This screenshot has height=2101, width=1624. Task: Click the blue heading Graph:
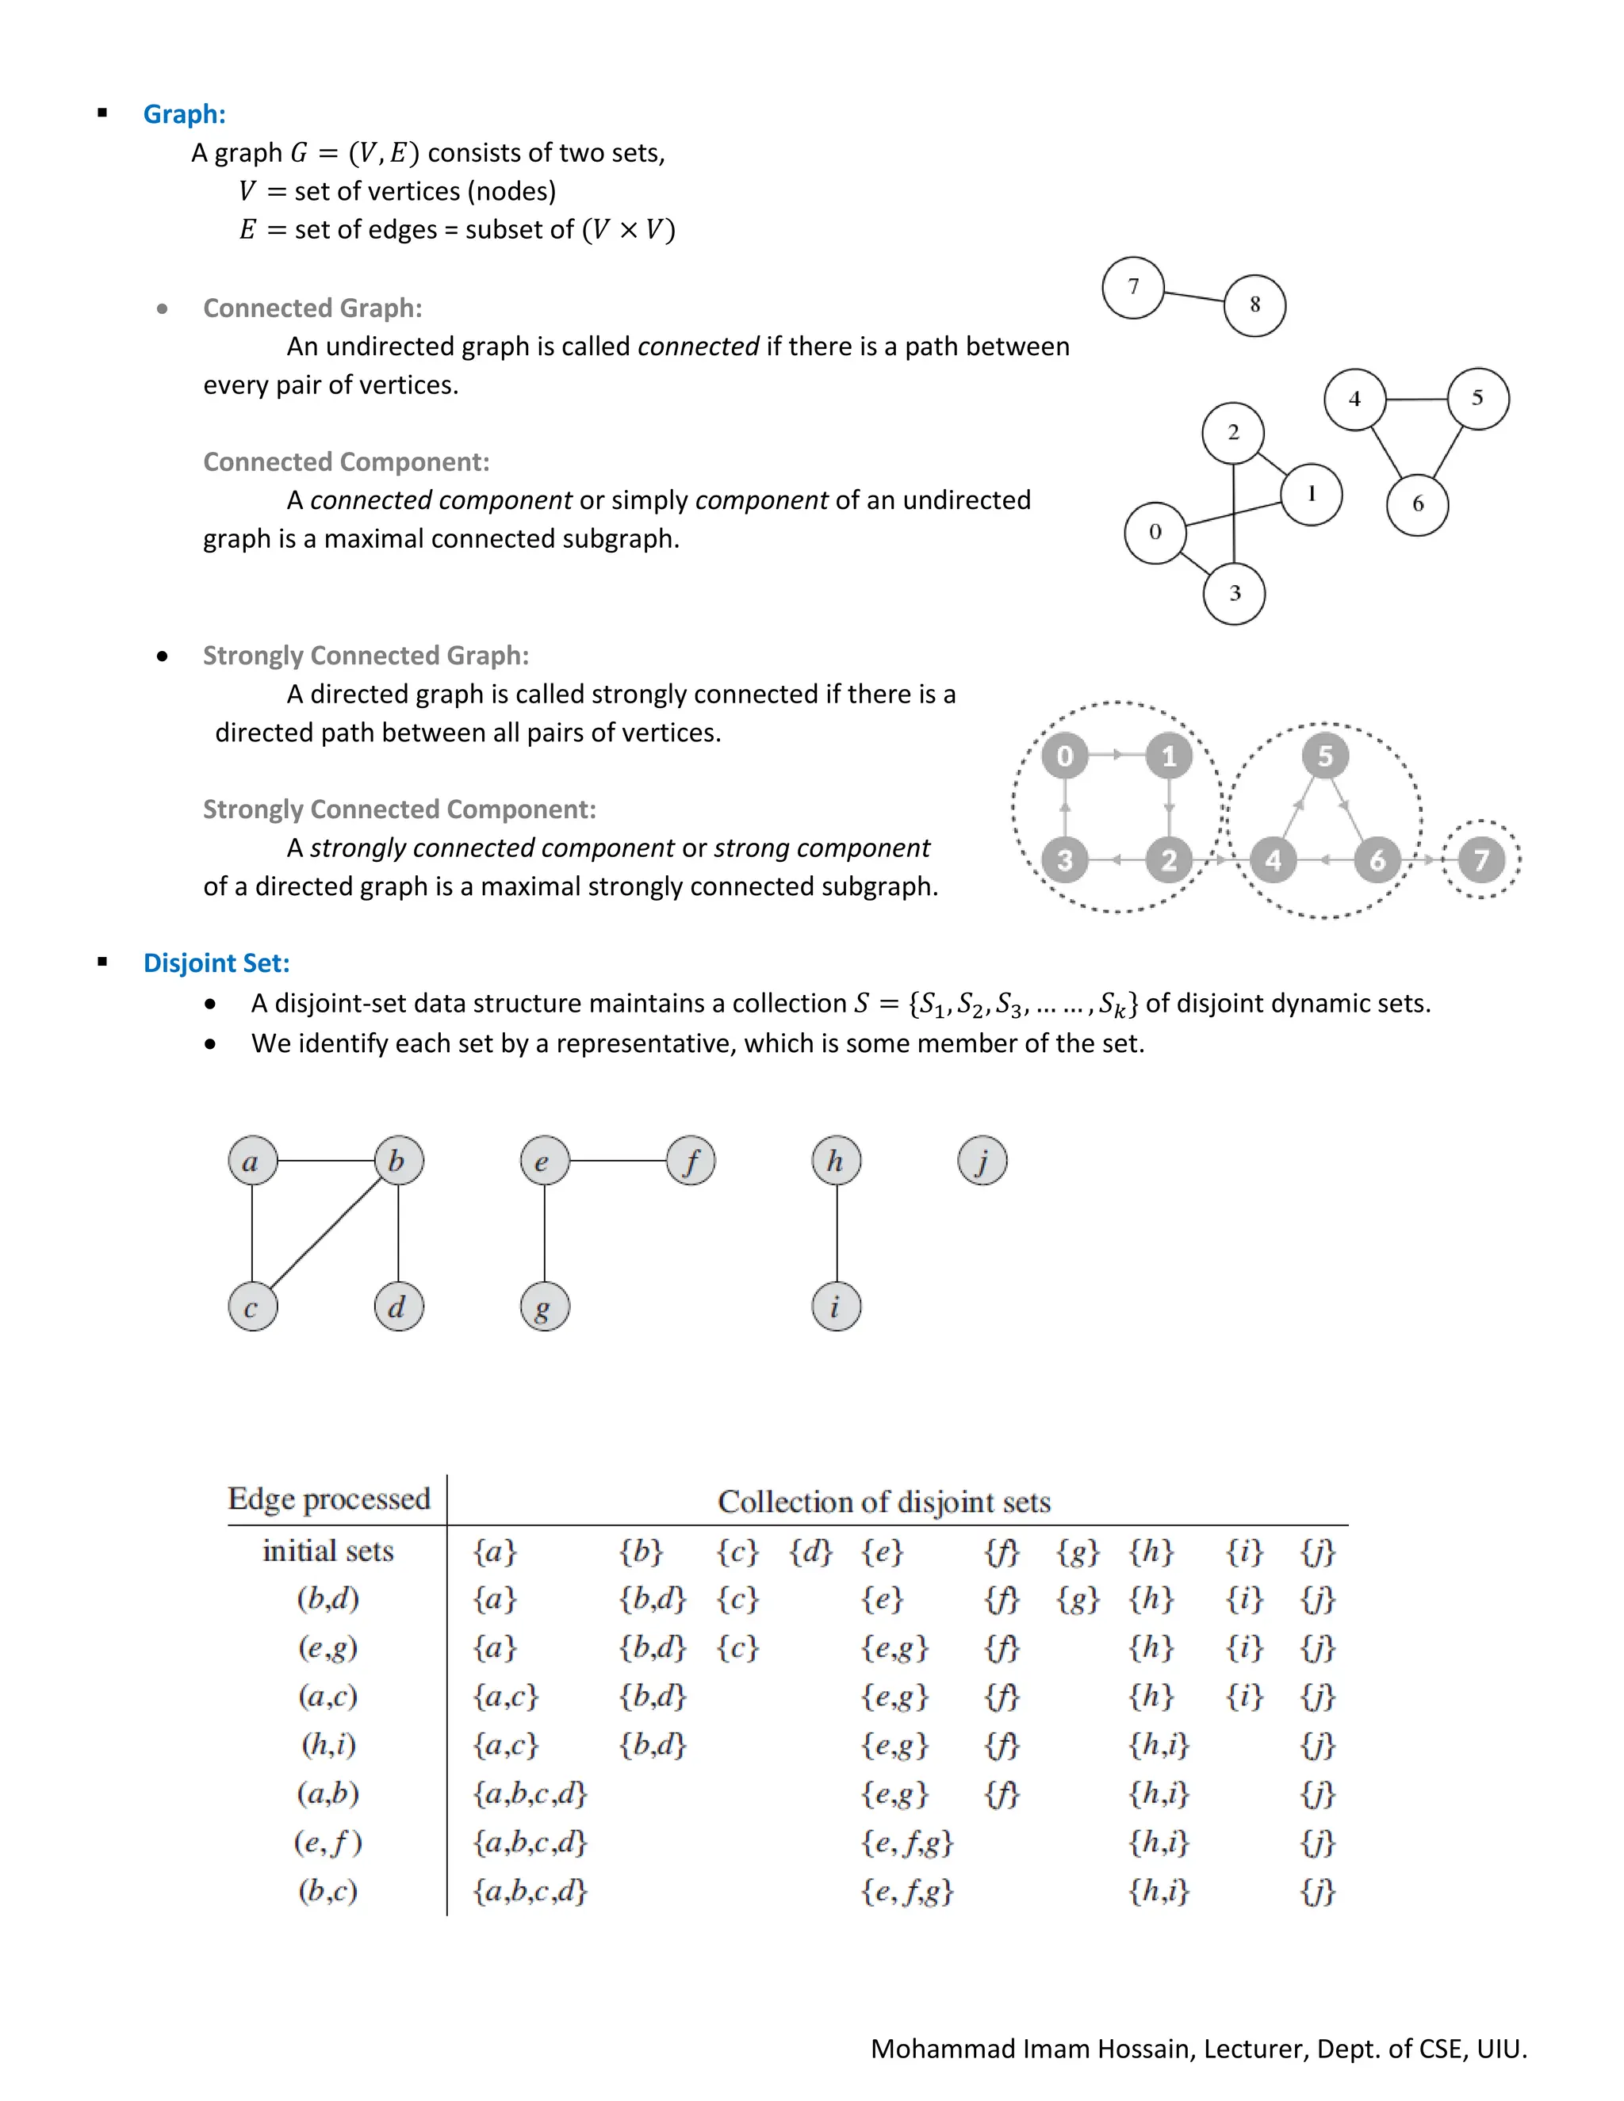pos(184,113)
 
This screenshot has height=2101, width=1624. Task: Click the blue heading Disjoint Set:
pos(216,963)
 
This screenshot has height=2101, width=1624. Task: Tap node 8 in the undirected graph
pos(1254,305)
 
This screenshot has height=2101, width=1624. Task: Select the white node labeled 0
pos(1155,532)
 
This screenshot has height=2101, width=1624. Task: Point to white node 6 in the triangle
pos(1417,504)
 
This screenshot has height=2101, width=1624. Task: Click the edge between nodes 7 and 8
pos(1194,296)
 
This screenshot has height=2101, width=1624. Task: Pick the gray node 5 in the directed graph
pos(1325,756)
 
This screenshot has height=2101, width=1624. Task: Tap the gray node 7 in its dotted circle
pos(1481,860)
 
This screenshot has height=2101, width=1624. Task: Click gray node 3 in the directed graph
pos(1064,860)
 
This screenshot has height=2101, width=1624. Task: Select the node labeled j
pos(982,1161)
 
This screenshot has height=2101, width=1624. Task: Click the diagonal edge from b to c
pos(325,1234)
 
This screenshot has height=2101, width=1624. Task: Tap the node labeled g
pos(545,1307)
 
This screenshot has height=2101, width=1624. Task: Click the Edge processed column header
pos(329,1498)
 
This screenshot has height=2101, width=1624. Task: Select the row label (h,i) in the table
pos(328,1744)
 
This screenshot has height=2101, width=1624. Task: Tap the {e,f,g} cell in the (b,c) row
pos(906,1891)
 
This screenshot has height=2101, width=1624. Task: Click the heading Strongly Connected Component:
pos(400,809)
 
